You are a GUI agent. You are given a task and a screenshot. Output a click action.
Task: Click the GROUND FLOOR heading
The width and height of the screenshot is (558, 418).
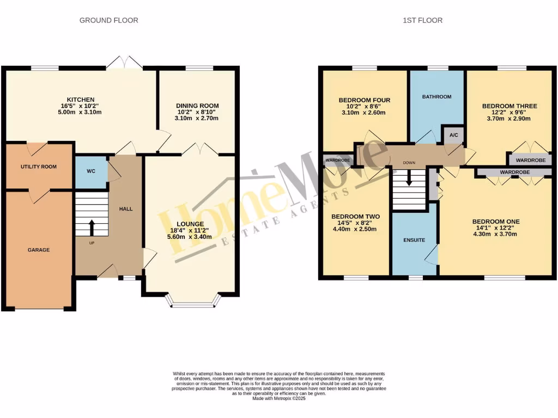pyautogui.click(x=109, y=20)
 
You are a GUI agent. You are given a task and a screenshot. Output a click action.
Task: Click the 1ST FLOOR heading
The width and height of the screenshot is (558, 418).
pyautogui.click(x=422, y=20)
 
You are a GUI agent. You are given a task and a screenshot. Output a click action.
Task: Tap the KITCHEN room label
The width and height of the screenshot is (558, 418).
pyautogui.click(x=81, y=99)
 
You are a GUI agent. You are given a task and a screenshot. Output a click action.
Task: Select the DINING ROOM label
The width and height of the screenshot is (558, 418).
pyautogui.click(x=197, y=106)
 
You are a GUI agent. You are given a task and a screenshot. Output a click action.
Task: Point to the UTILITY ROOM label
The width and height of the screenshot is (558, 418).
pyautogui.click(x=39, y=167)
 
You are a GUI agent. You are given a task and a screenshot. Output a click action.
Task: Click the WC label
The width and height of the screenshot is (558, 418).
pyautogui.click(x=91, y=171)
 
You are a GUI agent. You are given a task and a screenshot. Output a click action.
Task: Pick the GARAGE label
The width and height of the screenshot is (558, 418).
pyautogui.click(x=39, y=250)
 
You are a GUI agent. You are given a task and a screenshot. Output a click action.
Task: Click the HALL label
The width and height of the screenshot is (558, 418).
pyautogui.click(x=126, y=208)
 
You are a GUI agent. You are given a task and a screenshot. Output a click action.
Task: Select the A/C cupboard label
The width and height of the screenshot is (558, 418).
pyautogui.click(x=453, y=136)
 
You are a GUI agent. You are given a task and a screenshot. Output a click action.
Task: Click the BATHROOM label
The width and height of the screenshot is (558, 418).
pyautogui.click(x=436, y=97)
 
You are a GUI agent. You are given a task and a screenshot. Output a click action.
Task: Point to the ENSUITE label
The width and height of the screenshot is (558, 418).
pyautogui.click(x=414, y=239)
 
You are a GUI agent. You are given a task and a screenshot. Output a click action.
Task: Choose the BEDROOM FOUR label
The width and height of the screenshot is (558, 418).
pyautogui.click(x=365, y=100)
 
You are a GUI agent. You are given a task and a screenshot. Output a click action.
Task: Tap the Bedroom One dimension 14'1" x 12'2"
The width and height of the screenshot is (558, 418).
pyautogui.click(x=495, y=228)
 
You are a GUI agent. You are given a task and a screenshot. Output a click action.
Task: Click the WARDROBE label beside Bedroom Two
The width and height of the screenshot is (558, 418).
pyautogui.click(x=337, y=161)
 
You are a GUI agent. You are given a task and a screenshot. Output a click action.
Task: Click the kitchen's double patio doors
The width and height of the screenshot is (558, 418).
pyautogui.click(x=124, y=63)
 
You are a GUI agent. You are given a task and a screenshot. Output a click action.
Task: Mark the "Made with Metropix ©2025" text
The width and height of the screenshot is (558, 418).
pyautogui.click(x=278, y=398)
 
